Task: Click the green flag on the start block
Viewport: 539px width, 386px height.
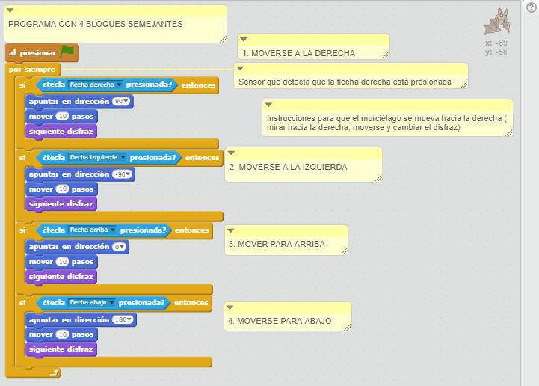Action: pos(67,52)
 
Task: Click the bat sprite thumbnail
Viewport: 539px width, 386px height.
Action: pos(497,22)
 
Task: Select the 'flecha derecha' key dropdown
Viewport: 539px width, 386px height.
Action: pos(95,85)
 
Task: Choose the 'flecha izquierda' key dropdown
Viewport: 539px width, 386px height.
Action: pos(97,157)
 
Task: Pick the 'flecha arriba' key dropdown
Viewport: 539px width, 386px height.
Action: pos(92,230)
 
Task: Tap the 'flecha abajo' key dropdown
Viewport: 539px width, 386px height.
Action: pos(91,302)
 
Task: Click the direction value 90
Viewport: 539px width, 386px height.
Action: pos(120,102)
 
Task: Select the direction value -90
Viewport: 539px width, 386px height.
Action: pos(122,174)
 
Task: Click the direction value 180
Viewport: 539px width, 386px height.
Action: pos(123,319)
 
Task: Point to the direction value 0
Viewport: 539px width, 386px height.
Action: pos(119,247)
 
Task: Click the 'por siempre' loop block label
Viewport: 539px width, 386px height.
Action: pos(31,70)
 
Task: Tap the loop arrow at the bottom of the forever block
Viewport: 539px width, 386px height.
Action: pos(55,373)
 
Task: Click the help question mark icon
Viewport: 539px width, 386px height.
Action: pos(531,7)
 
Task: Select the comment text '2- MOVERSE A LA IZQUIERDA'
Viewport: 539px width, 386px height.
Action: pos(289,168)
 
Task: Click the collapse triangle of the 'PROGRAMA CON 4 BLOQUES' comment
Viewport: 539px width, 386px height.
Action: pos(10,10)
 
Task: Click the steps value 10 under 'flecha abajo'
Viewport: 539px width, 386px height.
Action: pos(63,334)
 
